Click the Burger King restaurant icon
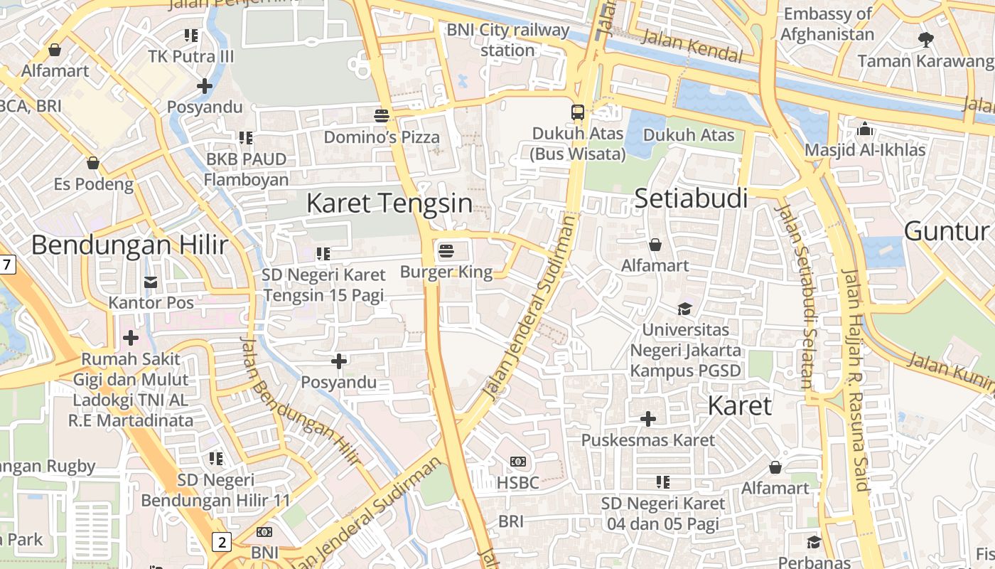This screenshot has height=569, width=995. (446, 250)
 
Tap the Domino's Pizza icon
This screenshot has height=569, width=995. (382, 115)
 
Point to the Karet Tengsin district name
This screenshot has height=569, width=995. (389, 203)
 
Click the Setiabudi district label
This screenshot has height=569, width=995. (691, 198)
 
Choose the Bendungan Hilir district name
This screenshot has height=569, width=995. (129, 245)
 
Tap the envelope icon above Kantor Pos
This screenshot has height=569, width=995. (151, 282)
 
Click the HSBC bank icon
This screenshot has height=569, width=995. (518, 462)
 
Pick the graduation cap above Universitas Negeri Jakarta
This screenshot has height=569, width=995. (684, 309)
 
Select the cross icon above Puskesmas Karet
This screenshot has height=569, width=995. (648, 419)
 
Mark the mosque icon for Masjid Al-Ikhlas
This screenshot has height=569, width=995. (865, 129)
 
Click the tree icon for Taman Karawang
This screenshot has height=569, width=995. (925, 40)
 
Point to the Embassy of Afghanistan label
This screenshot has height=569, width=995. (827, 24)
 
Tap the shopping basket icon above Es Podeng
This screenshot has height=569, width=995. (93, 163)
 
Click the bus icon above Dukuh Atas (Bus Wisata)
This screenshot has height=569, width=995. (578, 112)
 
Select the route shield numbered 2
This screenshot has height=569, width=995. (222, 543)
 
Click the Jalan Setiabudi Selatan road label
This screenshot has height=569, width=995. (798, 296)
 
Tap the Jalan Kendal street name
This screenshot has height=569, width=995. (692, 46)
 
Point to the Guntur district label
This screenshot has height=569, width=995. (946, 231)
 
